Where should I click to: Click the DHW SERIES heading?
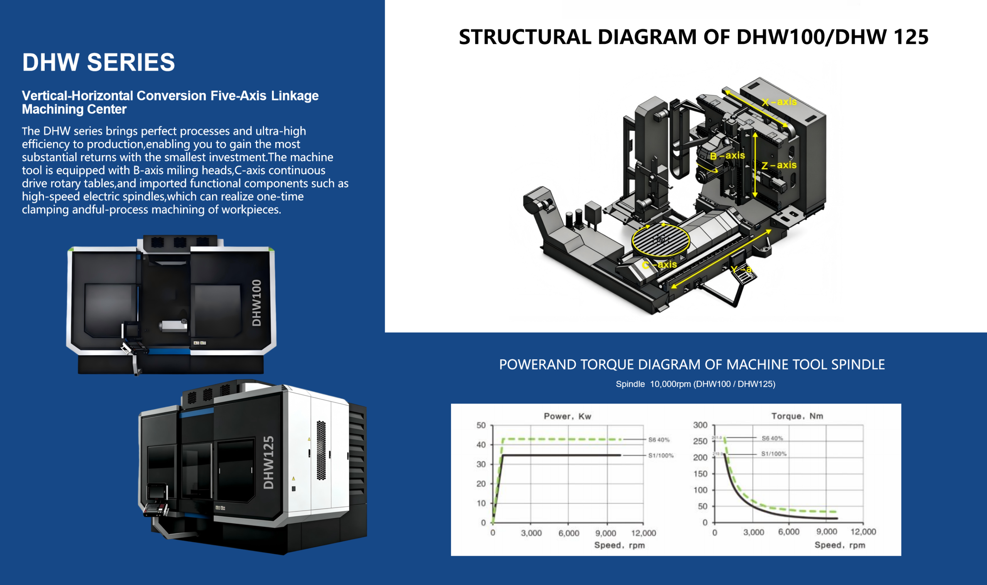[98, 62]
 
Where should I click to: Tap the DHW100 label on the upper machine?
[257, 303]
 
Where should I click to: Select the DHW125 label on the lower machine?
[269, 462]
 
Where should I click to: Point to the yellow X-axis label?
[779, 102]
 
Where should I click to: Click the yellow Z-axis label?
[779, 165]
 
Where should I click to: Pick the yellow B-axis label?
[728, 156]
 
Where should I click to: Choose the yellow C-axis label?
[659, 264]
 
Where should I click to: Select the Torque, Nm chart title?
[797, 416]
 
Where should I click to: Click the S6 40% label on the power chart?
[659, 440]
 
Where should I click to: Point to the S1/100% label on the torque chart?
[773, 454]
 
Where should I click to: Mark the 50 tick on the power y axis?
[481, 425]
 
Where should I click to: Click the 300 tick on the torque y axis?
[700, 425]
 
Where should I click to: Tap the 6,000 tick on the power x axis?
[569, 533]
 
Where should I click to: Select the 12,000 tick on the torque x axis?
[863, 532]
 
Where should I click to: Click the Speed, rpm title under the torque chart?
[840, 545]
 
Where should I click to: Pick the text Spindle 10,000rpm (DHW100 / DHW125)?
[695, 384]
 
